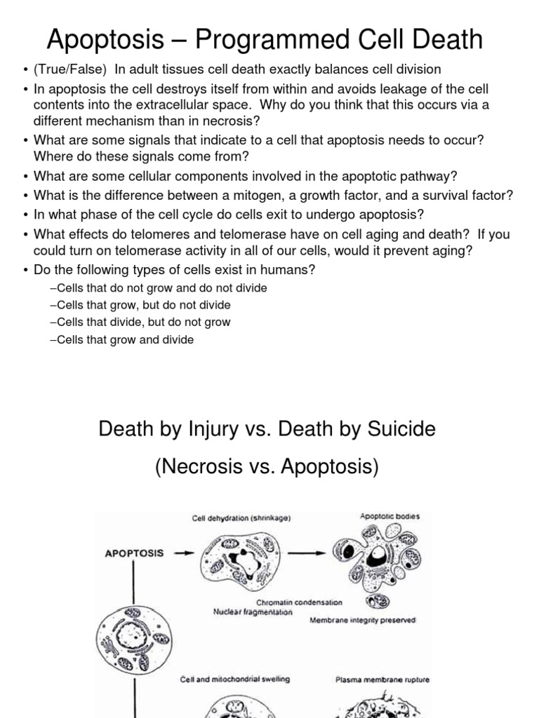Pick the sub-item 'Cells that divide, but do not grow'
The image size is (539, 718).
click(140, 323)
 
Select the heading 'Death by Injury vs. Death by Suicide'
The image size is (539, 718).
click(267, 428)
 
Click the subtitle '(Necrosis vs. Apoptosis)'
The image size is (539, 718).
click(267, 467)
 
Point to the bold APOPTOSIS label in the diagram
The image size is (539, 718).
click(134, 553)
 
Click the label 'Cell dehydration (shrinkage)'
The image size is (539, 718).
click(241, 519)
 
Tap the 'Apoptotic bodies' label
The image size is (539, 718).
click(390, 516)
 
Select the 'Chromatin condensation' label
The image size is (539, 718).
click(299, 602)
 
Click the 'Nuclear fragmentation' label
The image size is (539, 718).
click(253, 611)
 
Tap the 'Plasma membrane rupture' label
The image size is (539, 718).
click(382, 679)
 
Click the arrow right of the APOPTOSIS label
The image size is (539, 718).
click(183, 553)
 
